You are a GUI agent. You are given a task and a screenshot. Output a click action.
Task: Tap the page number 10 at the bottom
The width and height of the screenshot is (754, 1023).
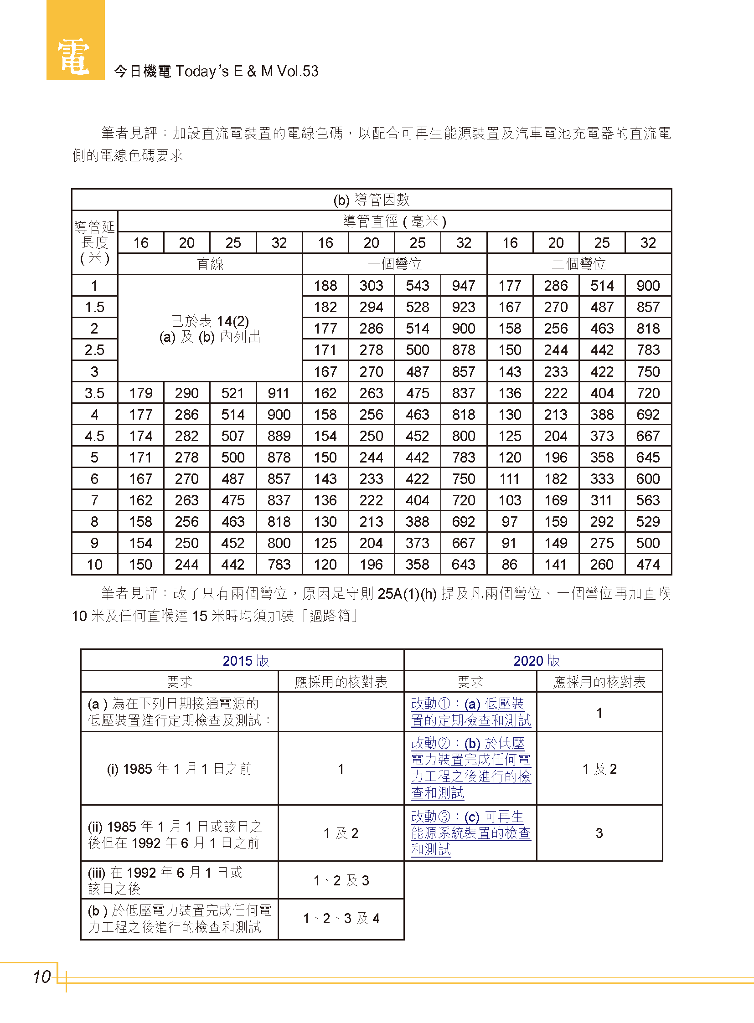point(42,977)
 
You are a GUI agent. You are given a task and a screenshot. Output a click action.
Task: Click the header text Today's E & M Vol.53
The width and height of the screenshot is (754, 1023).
point(247,71)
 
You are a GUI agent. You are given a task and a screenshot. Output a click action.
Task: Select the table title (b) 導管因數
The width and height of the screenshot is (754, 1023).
point(371,200)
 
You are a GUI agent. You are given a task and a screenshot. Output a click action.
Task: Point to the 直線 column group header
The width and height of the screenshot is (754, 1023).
point(210,264)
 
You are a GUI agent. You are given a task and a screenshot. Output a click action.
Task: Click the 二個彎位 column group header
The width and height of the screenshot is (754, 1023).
point(579,264)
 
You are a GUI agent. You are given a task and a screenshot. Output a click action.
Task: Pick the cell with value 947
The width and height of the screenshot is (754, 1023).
point(463,286)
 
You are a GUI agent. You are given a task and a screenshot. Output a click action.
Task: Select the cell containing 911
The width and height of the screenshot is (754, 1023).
point(279,393)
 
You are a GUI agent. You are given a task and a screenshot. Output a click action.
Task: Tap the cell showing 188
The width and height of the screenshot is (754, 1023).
point(325,286)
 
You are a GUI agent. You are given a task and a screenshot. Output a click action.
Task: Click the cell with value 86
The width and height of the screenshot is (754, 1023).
point(509,565)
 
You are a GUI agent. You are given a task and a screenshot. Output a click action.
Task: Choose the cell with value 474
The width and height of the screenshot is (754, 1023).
point(648,565)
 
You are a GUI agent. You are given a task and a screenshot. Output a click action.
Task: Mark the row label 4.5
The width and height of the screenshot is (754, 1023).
point(94,436)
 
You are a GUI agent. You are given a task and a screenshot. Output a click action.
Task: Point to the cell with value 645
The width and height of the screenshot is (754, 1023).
point(648,457)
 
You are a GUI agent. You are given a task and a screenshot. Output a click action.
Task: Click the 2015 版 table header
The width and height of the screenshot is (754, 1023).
point(246,660)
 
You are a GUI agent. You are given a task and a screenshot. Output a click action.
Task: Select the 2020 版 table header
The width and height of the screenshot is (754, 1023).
point(536,660)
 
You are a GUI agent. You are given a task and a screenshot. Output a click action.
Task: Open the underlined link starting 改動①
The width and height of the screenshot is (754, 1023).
point(470,712)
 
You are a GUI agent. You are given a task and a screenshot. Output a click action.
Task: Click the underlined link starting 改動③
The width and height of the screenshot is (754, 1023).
point(470,833)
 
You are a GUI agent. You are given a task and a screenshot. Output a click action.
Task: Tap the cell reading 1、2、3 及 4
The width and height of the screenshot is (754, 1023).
point(341,918)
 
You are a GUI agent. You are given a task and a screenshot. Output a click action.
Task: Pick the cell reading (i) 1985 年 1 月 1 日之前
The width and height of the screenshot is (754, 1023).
point(179,769)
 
